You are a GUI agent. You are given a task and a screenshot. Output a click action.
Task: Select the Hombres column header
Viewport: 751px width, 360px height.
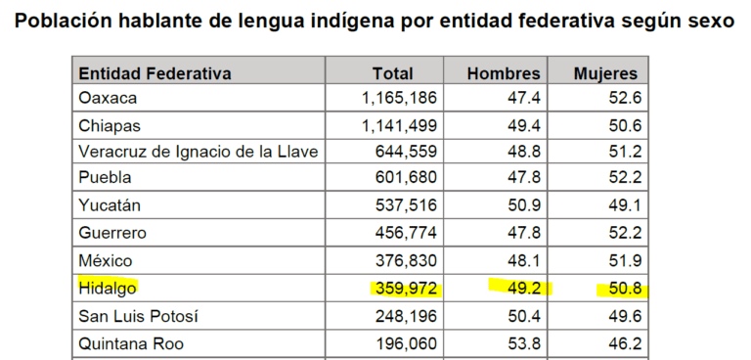(503, 73)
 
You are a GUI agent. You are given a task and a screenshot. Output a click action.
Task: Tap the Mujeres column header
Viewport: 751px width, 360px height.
(606, 73)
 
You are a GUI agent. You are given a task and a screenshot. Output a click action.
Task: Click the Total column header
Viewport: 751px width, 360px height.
(392, 73)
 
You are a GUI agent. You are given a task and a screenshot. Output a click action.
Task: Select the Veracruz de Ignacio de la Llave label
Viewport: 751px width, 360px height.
(199, 152)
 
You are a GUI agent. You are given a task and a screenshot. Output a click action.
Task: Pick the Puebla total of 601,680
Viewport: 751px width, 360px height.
(408, 178)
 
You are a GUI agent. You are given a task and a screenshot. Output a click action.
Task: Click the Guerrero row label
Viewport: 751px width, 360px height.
(113, 233)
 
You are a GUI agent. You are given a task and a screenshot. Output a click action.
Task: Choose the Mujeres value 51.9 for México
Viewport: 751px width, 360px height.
(622, 261)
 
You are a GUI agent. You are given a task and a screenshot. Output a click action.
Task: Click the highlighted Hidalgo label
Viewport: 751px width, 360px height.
(108, 288)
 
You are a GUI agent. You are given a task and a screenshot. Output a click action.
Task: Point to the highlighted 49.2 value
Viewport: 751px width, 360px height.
(523, 289)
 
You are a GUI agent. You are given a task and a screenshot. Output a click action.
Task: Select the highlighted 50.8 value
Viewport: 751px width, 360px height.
(622, 289)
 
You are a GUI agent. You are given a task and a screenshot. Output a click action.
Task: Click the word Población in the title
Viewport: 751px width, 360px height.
(64, 21)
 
